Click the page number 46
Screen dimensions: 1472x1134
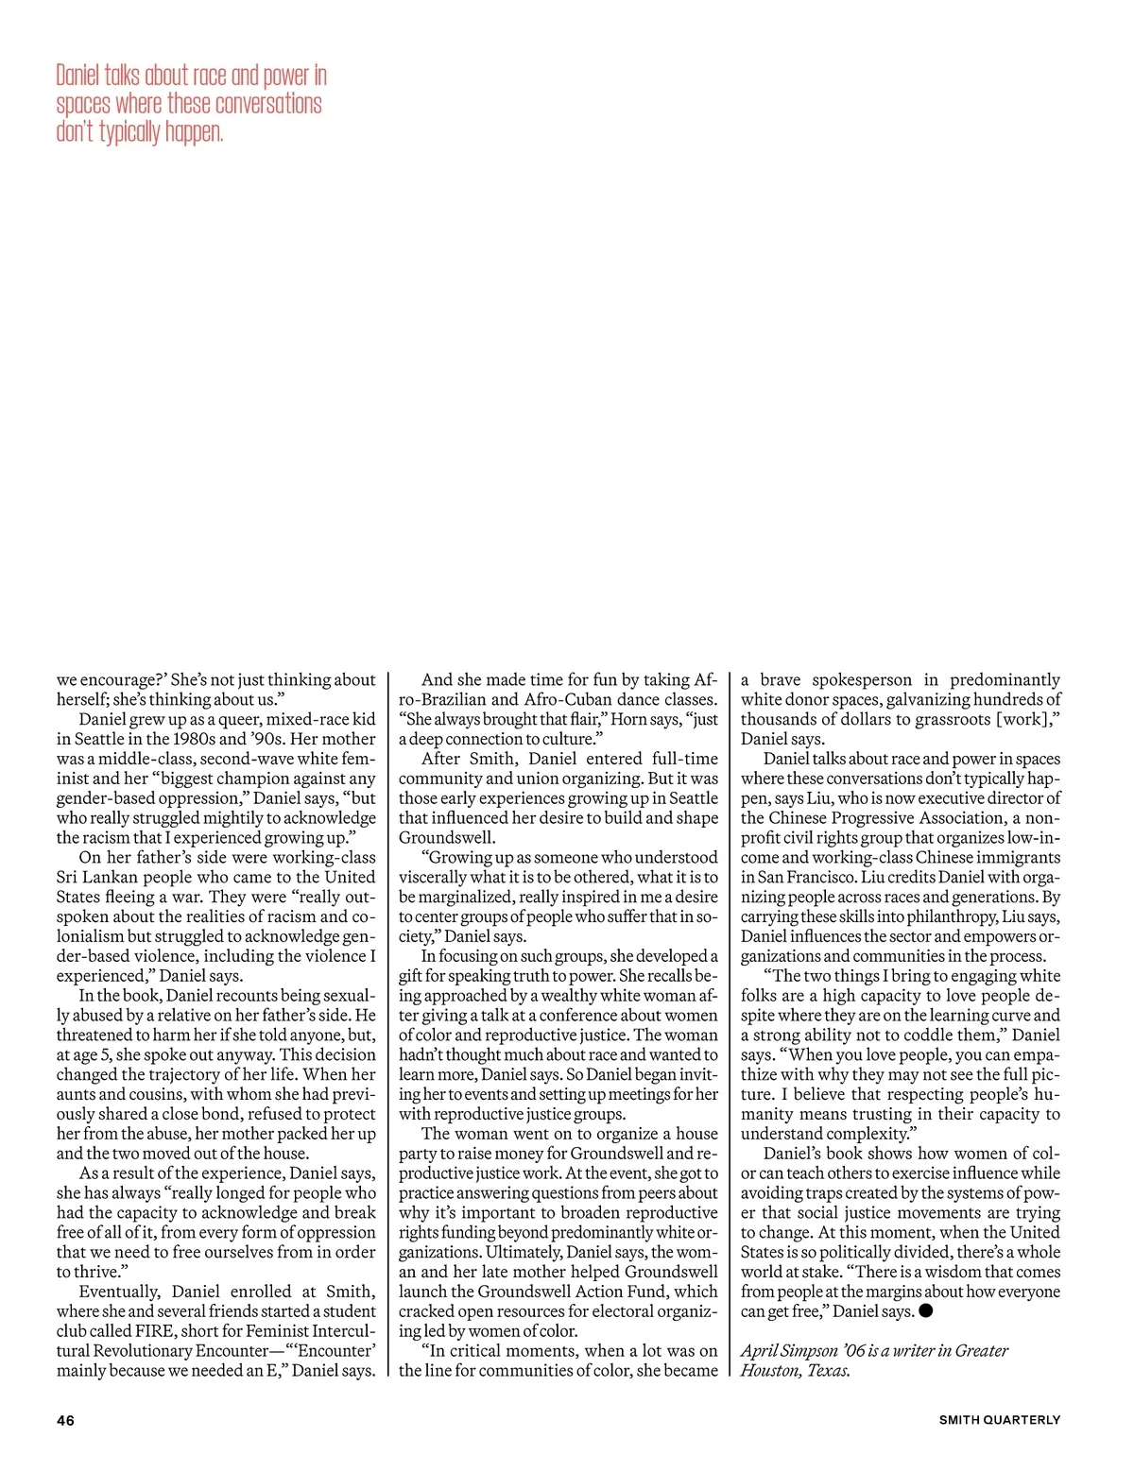coord(65,1419)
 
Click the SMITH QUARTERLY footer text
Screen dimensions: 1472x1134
coord(1000,1419)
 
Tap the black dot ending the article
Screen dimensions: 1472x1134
coord(926,1310)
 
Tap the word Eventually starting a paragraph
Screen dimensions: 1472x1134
coord(120,1292)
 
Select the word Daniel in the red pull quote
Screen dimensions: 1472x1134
coord(78,76)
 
